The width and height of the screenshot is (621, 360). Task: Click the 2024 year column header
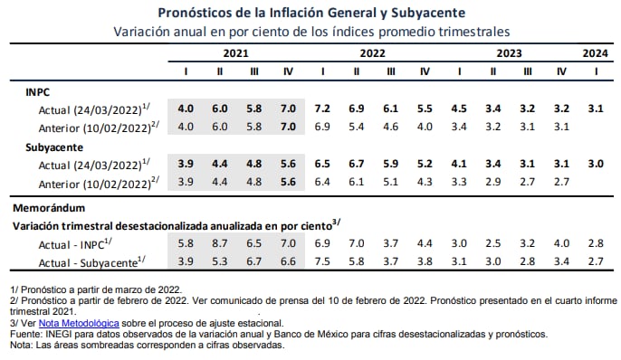[595, 52]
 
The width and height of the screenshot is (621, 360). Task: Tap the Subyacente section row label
[54, 146]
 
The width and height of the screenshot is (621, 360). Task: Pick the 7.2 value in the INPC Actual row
[322, 109]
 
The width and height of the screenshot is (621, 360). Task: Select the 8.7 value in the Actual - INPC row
[220, 243]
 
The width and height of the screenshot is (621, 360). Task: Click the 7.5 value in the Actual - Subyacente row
[322, 261]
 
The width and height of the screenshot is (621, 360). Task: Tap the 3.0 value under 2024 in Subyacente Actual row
[595, 164]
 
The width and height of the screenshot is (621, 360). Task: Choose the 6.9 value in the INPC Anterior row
[322, 127]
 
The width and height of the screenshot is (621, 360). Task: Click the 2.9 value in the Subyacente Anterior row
[493, 181]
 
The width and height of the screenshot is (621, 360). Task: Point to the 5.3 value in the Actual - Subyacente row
[220, 261]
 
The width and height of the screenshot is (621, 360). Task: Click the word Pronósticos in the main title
[201, 13]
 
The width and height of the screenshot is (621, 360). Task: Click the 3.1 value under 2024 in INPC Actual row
[595, 109]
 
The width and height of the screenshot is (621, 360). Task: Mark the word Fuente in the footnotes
[24, 333]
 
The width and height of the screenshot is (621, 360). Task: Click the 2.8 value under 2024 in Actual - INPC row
[595, 243]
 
